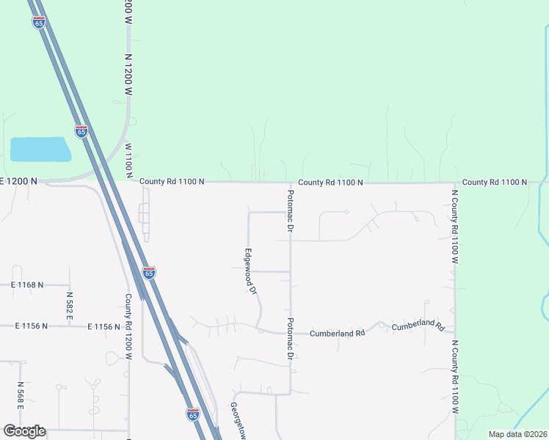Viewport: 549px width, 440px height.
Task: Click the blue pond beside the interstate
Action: (x=40, y=150)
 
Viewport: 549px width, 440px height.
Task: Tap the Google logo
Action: (x=23, y=431)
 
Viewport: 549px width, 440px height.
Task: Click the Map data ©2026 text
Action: (x=517, y=434)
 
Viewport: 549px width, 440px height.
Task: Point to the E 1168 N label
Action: (x=27, y=284)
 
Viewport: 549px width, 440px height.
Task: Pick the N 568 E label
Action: (x=20, y=396)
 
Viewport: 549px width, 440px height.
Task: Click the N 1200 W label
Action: (x=128, y=74)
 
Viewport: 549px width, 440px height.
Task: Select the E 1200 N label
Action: (x=18, y=180)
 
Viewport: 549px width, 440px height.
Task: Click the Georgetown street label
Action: (x=239, y=421)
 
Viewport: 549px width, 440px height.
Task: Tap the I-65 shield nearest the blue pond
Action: (x=81, y=131)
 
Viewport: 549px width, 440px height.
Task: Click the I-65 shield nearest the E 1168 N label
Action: (x=149, y=272)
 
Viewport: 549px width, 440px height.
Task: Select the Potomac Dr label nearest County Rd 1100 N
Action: (x=290, y=211)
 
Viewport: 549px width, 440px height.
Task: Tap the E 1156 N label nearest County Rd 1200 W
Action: (x=103, y=326)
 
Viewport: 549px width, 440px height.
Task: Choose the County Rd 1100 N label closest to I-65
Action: (x=171, y=181)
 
